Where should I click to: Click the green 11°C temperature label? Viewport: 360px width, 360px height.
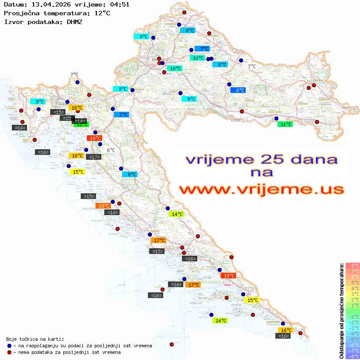click(285, 124)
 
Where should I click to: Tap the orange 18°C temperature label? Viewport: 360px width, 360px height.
click(103, 206)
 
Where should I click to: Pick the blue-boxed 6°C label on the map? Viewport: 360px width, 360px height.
click(238, 90)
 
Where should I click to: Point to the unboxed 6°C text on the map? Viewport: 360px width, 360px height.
click(111, 150)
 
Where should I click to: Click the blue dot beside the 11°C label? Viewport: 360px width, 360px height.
click(276, 118)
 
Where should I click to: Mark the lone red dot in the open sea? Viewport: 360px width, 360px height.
click(171, 344)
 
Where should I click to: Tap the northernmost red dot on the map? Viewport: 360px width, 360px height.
click(184, 13)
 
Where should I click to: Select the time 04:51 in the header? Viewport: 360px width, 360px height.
click(120, 5)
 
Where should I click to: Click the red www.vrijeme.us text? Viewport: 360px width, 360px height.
click(261, 189)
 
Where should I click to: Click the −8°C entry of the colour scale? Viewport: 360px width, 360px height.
click(353, 356)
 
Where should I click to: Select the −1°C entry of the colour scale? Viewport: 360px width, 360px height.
click(353, 316)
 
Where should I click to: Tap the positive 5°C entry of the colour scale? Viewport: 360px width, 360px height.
click(353, 282)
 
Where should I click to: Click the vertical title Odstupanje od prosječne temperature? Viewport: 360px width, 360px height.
click(341, 311)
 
